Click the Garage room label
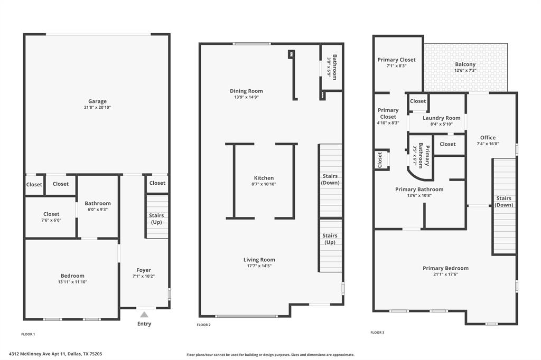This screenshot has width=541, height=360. pyautogui.click(x=97, y=101)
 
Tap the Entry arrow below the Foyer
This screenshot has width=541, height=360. pyautogui.click(x=144, y=315)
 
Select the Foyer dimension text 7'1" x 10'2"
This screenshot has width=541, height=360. pyautogui.click(x=144, y=276)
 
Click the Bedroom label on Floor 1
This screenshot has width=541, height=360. pyautogui.click(x=72, y=276)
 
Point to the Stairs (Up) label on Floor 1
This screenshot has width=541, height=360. pyautogui.click(x=157, y=219)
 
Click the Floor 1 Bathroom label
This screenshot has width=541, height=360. pyautogui.click(x=98, y=203)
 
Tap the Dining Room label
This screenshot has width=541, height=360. pyautogui.click(x=246, y=91)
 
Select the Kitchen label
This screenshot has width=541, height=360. pyautogui.click(x=263, y=178)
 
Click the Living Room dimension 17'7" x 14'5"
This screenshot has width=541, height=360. pyautogui.click(x=259, y=266)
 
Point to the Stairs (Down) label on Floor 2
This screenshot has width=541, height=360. pyautogui.click(x=330, y=179)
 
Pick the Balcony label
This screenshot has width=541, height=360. pyautogui.click(x=465, y=64)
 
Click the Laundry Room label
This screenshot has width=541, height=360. pyautogui.click(x=441, y=118)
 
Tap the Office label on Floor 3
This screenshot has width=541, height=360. pyautogui.click(x=488, y=138)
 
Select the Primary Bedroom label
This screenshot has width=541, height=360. pyautogui.click(x=445, y=268)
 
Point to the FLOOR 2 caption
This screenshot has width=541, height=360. pyautogui.click(x=204, y=325)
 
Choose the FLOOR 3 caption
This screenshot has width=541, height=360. pyautogui.click(x=377, y=333)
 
